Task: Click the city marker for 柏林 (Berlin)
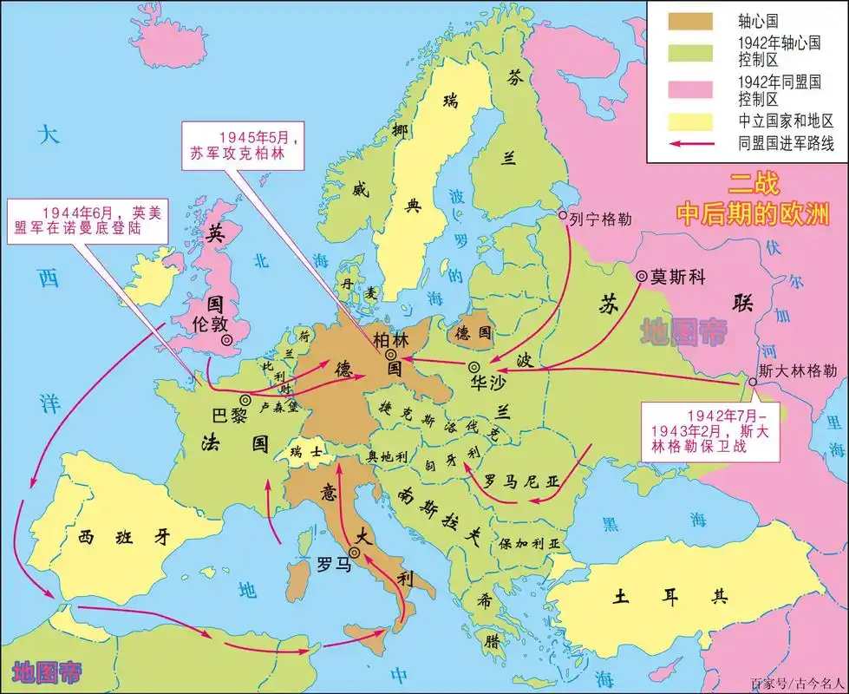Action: click(392, 355)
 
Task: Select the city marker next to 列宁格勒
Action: click(563, 214)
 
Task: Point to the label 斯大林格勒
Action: click(798, 370)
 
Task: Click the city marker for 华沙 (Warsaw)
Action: click(473, 366)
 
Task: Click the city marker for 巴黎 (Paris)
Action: click(245, 400)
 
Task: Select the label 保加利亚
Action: click(530, 544)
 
